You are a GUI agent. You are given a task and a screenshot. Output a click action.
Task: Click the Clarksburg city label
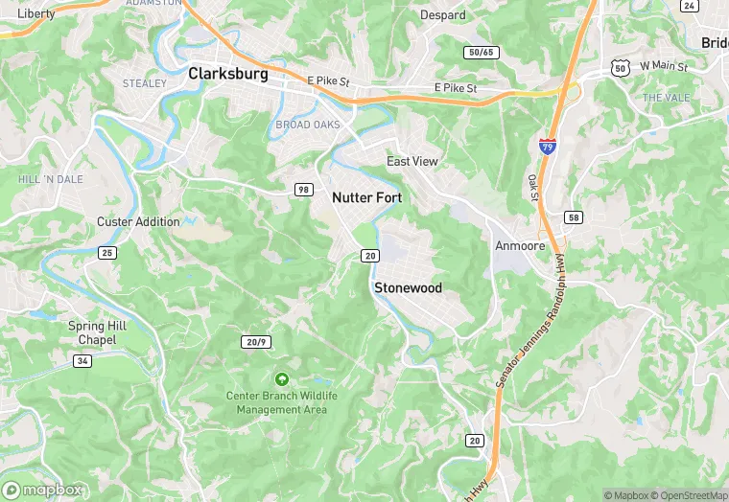[228, 73]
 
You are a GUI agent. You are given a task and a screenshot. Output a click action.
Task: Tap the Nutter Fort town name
[366, 197]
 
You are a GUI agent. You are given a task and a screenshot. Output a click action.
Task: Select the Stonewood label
[408, 287]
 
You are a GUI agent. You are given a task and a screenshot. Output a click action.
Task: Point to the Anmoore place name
[519, 245]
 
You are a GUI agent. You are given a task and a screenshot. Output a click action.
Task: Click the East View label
[412, 161]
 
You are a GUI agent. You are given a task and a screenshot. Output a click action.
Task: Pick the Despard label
[443, 15]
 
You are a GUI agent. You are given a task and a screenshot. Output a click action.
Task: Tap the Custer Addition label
[138, 221]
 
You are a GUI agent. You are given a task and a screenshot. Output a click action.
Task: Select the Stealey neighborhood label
[145, 83]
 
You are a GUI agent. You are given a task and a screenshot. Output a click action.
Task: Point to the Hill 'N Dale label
[51, 179]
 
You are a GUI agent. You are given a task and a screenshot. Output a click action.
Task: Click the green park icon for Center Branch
[281, 379]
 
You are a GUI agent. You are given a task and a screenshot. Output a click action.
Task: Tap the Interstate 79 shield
[548, 146]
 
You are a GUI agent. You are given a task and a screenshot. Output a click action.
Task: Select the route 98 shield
[303, 189]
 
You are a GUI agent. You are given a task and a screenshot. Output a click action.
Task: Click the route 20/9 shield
[254, 341]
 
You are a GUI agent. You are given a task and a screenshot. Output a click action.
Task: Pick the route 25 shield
[106, 252]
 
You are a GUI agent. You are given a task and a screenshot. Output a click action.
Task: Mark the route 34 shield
[83, 359]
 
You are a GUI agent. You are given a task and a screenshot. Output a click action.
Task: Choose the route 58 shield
[573, 217]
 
